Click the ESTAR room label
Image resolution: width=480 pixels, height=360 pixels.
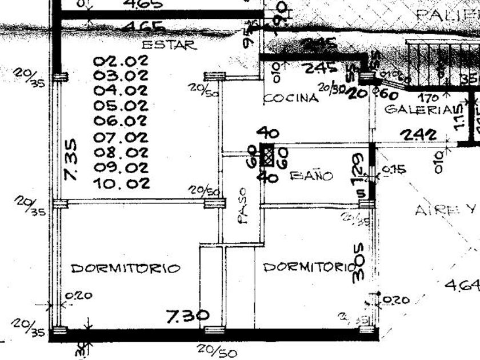[169, 45]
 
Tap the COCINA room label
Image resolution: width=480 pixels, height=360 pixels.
[291, 98]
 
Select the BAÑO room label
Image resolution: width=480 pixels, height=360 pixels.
[311, 176]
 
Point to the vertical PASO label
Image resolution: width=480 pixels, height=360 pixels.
[243, 206]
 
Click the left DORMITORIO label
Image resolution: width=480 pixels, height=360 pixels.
[126, 267]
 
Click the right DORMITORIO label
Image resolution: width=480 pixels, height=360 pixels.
[310, 266]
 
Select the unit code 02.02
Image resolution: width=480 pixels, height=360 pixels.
[121, 60]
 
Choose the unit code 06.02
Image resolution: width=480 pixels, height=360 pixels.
[121, 121]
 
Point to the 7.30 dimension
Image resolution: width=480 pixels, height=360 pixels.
[187, 315]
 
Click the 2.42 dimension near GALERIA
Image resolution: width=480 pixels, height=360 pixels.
[418, 135]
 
